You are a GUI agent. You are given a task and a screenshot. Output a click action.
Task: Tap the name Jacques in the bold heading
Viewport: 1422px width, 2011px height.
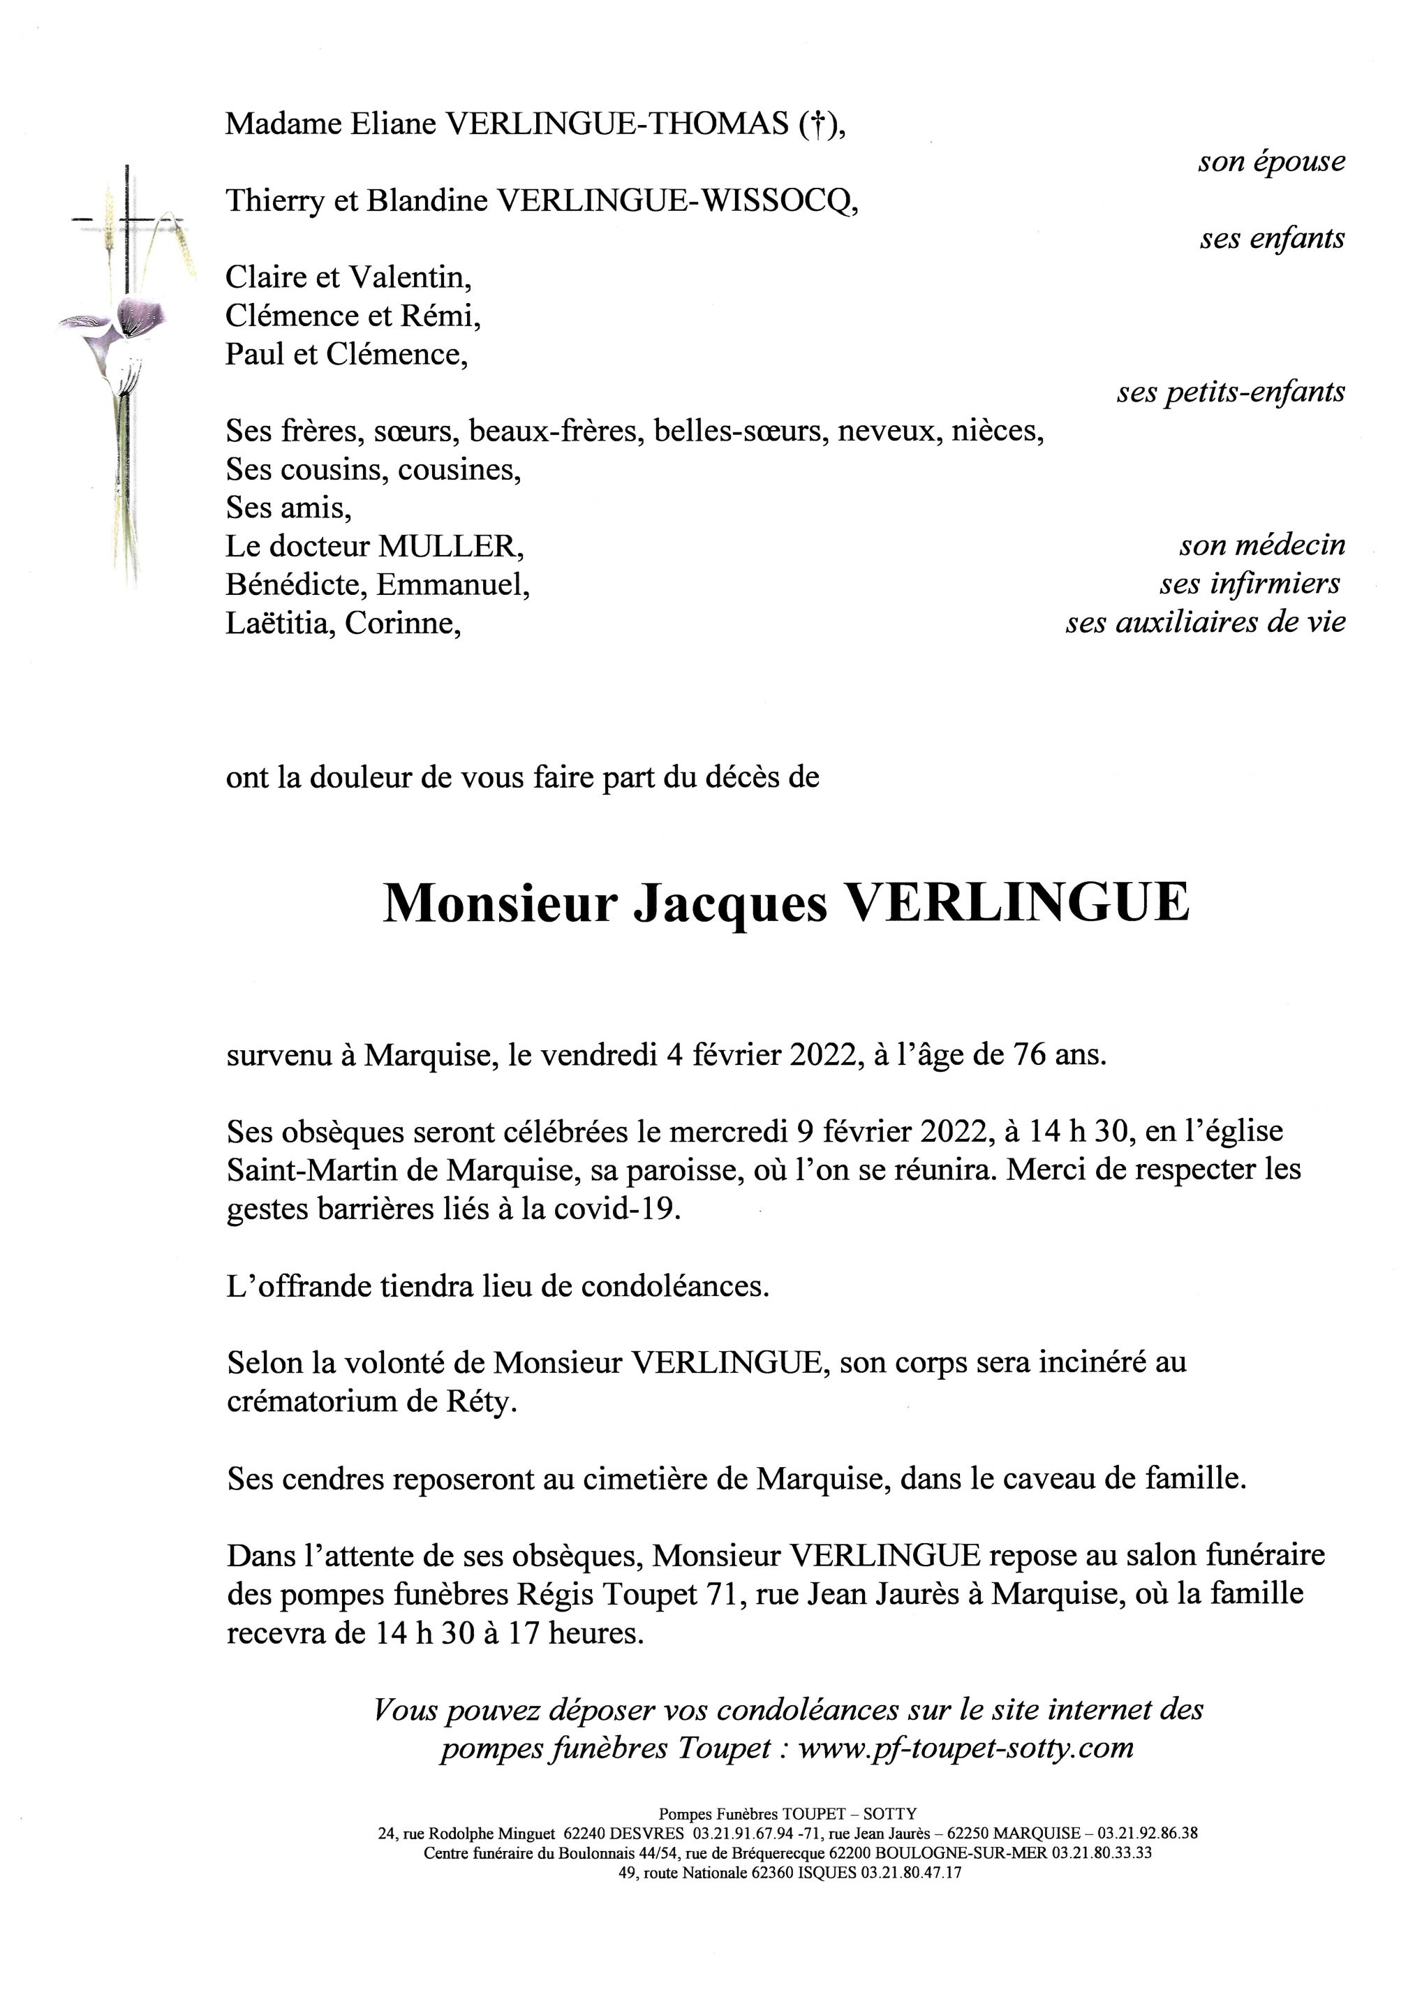[729, 903]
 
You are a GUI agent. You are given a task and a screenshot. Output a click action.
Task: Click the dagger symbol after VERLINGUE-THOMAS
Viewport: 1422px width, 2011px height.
[815, 125]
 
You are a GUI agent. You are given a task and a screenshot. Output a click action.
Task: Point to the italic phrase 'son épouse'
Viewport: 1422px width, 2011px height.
[1271, 161]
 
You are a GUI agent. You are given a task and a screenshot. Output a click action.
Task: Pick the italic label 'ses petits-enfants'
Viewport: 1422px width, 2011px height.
[1230, 392]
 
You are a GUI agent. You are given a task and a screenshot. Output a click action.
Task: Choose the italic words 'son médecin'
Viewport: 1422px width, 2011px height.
[1261, 545]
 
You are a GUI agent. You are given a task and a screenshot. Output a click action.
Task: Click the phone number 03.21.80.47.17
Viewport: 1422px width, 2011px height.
[912, 1873]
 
